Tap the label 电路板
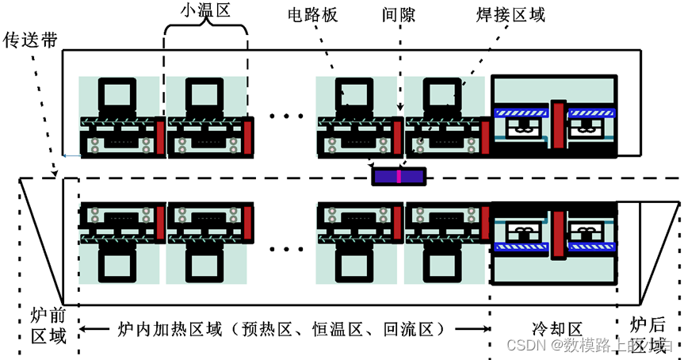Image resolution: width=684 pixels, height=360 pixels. point(312,15)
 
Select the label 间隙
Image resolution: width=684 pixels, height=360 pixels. point(398,15)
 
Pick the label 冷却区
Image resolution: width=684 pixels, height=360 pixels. point(556,328)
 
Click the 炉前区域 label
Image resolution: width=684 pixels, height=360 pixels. point(46,324)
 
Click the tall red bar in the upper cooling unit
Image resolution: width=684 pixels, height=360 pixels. point(560,124)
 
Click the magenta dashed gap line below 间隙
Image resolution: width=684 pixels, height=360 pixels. point(399,63)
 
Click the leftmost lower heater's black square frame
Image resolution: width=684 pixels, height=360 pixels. point(117,262)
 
